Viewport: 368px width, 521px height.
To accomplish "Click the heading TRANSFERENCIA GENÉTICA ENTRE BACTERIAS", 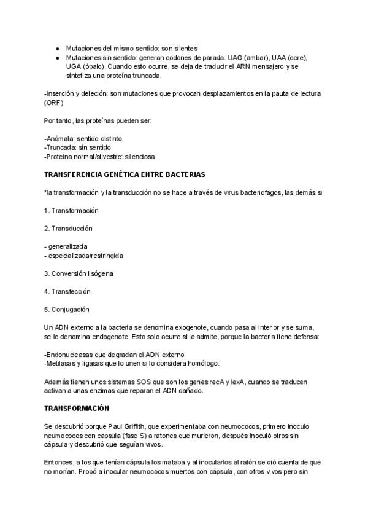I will point(125,174).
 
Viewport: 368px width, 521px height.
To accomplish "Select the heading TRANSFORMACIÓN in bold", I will point(76,408).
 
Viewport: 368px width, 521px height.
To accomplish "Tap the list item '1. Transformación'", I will point(72,210).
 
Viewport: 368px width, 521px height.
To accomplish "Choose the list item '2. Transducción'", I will point(68,228).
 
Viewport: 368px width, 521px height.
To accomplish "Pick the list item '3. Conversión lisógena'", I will point(79,273).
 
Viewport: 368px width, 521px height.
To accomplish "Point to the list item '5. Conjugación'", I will point(67,309).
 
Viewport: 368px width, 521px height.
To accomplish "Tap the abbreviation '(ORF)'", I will point(54,103).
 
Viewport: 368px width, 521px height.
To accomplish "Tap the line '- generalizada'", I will point(66,246).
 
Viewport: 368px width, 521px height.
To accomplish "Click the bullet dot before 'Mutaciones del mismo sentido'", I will point(57,48).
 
